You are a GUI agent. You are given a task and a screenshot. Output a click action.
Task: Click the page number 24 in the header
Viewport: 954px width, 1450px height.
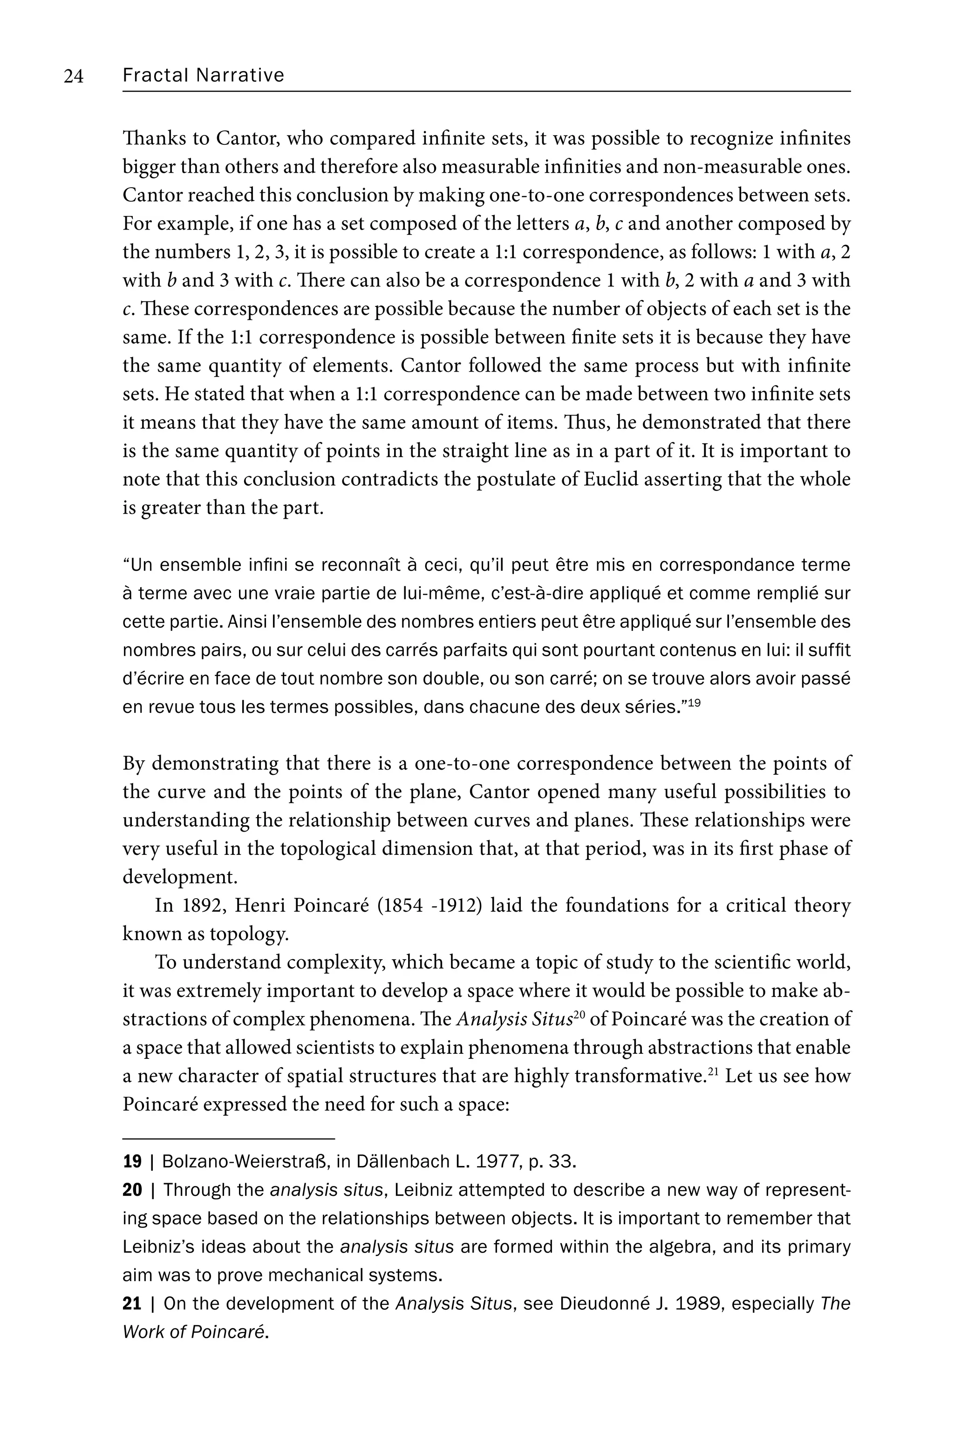click(x=74, y=76)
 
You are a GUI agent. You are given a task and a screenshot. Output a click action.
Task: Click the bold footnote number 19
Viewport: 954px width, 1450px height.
click(x=132, y=1162)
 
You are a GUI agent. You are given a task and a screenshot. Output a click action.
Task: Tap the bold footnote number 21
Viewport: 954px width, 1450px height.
click(x=132, y=1304)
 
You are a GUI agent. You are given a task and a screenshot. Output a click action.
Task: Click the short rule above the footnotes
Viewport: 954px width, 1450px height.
click(x=229, y=1138)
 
